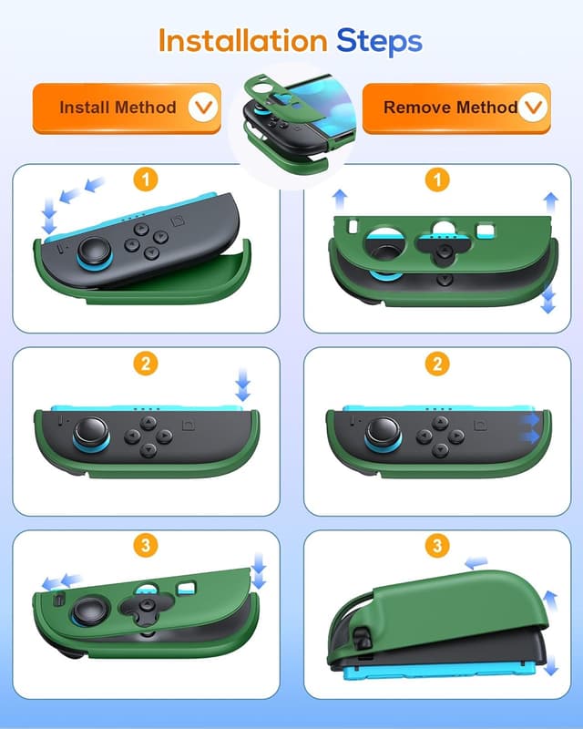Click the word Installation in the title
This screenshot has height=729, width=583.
coord(241,40)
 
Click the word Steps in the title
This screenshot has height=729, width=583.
coord(379,40)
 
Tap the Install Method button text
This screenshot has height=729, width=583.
coord(118,108)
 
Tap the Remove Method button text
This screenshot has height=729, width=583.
coord(450,108)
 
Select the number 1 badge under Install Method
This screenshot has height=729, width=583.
coord(145,180)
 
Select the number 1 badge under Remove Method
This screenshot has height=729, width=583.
coord(438,180)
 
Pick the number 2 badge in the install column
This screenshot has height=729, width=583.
coord(145,364)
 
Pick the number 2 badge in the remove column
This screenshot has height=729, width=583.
coord(438,364)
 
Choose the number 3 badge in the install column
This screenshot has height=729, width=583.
coord(145,547)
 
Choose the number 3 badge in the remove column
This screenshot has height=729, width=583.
coord(438,547)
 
